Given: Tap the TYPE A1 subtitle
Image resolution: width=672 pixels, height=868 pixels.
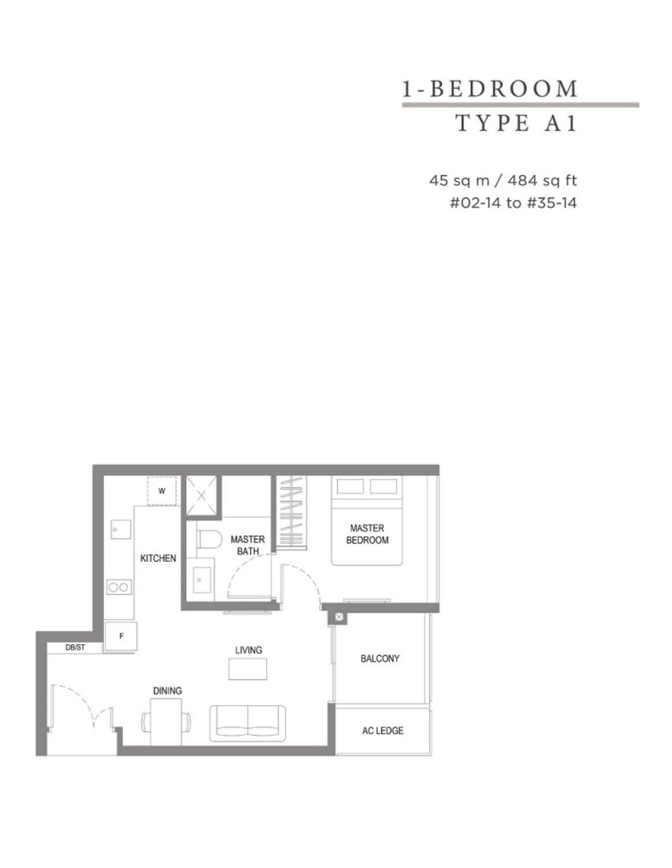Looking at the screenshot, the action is point(516,123).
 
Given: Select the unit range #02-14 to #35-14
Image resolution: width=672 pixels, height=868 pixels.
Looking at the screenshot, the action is point(513,203).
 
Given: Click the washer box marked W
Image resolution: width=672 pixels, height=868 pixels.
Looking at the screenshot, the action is point(161,491).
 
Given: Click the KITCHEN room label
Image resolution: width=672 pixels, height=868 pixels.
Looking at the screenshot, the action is point(158,558).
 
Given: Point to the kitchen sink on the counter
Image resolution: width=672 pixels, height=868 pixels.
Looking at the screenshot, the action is point(120,529).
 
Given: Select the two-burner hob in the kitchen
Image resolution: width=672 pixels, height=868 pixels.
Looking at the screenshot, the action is point(119,587).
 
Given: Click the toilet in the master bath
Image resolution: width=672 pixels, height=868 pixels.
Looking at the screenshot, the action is point(209,539).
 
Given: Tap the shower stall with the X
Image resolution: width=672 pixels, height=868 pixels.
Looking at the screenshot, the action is point(201,496).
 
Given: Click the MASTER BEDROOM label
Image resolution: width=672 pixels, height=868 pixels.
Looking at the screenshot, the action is point(367,534).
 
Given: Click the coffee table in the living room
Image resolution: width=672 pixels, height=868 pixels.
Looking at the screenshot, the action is point(248,669).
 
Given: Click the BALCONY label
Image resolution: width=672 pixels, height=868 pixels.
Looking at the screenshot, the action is point(380,659).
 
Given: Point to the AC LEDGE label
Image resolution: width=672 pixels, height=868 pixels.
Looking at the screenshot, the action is point(383,731).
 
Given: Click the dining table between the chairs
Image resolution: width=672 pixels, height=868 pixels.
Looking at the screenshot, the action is point(166,722).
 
